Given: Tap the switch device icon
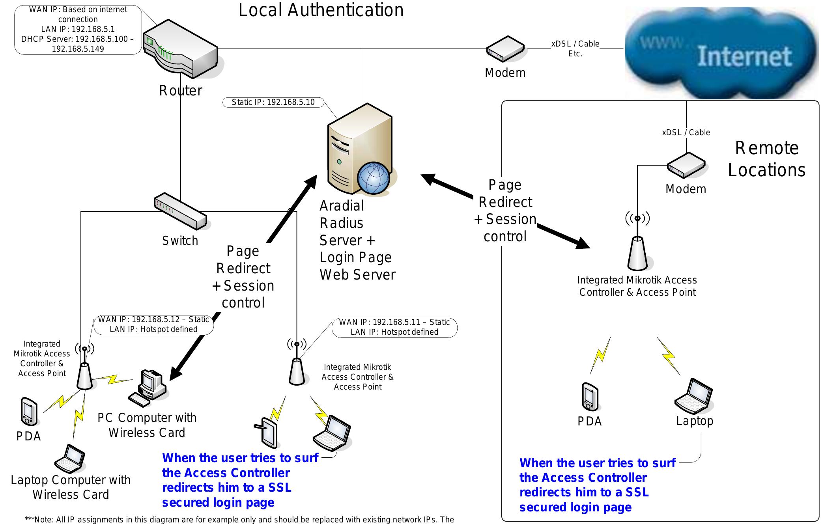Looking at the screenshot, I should click(x=180, y=211).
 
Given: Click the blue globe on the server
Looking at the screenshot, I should click(x=373, y=178).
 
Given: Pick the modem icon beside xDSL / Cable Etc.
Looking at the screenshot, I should click(x=505, y=50).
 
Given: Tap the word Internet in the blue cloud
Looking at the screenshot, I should click(x=744, y=56).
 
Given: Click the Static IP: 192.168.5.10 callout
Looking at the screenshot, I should click(x=273, y=103).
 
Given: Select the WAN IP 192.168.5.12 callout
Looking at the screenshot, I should click(x=153, y=324).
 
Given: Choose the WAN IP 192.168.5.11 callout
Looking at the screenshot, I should click(x=394, y=328).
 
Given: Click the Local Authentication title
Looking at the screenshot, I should click(x=321, y=10).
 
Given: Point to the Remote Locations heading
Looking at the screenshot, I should click(x=766, y=159).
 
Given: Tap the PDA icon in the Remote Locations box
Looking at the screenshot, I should click(x=590, y=397).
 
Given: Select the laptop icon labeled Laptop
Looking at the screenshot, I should click(x=694, y=396).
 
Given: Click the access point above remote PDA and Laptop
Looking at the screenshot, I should click(x=637, y=252).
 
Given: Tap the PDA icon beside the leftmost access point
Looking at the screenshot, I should click(x=29, y=412).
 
